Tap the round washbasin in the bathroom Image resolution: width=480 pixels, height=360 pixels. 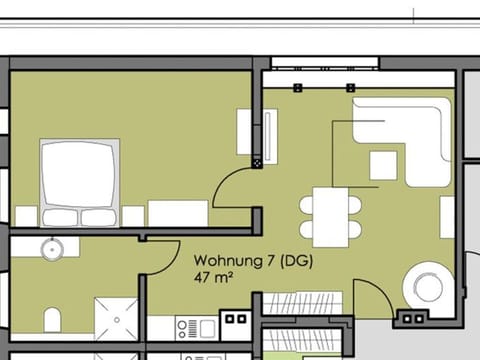pos(52,249)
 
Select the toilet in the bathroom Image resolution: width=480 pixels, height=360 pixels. pos(54,320)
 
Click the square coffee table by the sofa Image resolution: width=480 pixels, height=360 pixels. pos(383,164)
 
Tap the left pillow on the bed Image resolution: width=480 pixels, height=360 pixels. pos(62,217)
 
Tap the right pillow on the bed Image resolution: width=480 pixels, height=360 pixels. pos(98,217)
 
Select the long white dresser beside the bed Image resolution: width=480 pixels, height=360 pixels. pos(178,212)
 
